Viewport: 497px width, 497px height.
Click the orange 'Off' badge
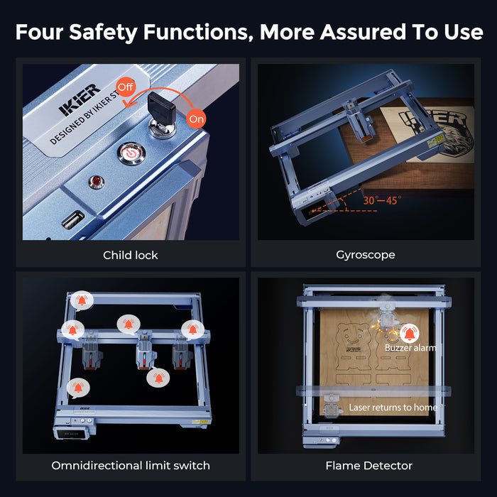pyautogui.click(x=126, y=87)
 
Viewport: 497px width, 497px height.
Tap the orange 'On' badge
pyautogui.click(x=196, y=119)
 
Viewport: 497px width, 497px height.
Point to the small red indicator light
pyautogui.click(x=97, y=182)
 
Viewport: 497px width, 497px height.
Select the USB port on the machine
pyautogui.click(x=73, y=219)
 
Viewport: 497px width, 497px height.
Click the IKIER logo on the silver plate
pyautogui.click(x=80, y=100)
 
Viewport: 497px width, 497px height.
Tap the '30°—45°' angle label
pyautogui.click(x=382, y=200)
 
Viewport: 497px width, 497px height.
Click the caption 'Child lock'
pyautogui.click(x=130, y=255)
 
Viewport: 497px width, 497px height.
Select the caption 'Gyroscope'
pyautogui.click(x=366, y=255)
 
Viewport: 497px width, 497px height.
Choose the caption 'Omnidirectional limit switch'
pyautogui.click(x=131, y=465)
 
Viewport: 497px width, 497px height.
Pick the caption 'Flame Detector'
pyautogui.click(x=369, y=465)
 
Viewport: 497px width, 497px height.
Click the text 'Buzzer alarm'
pyautogui.click(x=410, y=348)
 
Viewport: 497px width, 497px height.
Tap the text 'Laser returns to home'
pyautogui.click(x=393, y=408)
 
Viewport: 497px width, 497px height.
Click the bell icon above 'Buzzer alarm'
pyautogui.click(x=410, y=334)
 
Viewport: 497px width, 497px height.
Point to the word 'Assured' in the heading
pyautogui.click(x=363, y=32)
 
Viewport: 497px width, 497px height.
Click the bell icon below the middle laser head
pyautogui.click(x=158, y=378)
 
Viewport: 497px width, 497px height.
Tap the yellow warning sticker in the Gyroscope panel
pyautogui.click(x=435, y=141)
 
